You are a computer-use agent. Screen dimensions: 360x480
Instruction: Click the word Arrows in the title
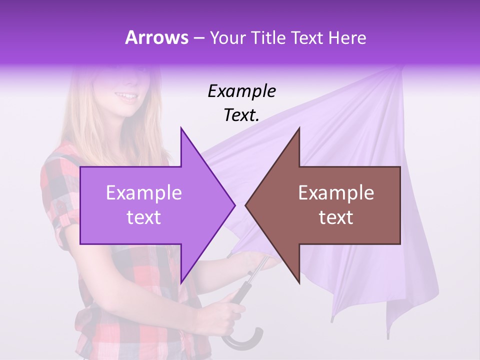pos(157,37)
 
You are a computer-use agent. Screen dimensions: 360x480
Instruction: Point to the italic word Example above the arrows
pos(242,91)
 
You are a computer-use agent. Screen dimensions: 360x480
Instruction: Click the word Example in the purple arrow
pos(144,193)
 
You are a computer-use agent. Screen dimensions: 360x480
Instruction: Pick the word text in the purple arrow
pos(144,217)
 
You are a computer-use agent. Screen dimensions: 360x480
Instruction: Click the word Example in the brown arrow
pos(336,193)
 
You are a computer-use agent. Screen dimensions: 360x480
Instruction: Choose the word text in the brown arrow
pos(336,217)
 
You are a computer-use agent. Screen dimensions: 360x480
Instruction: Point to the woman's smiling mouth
pos(128,96)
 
